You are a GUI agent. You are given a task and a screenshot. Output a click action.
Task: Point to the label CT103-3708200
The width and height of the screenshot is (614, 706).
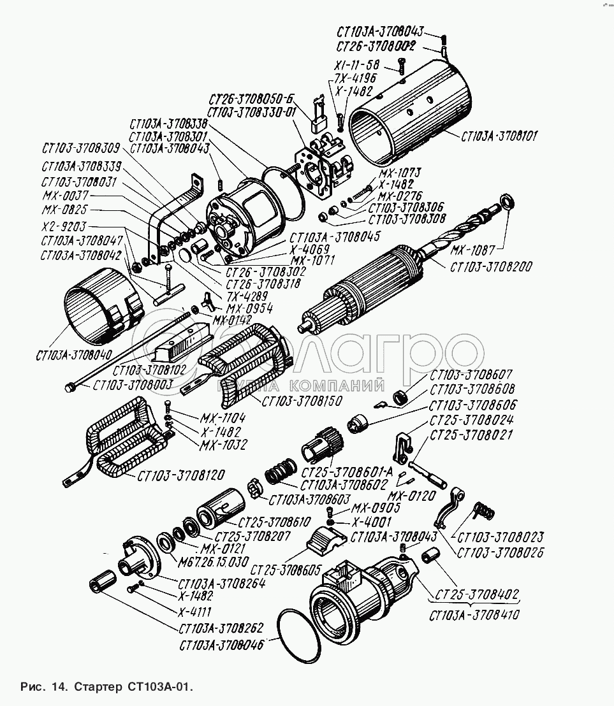point(492,266)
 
